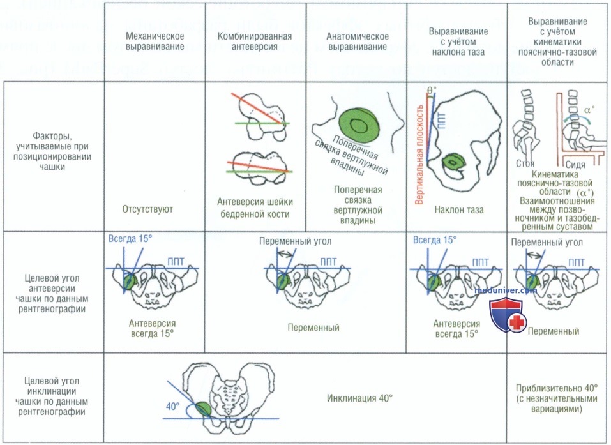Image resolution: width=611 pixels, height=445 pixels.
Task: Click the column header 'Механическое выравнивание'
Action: pos(155,41)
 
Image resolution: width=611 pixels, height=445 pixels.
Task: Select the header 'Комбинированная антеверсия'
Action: pos(255,41)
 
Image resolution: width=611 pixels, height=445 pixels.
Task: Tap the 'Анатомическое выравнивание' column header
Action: pos(358,41)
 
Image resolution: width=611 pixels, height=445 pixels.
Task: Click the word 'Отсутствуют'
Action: pos(147,209)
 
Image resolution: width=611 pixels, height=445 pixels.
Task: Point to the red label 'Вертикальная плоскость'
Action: pos(419,155)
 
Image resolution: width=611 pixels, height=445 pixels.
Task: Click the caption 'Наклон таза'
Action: pos(459,210)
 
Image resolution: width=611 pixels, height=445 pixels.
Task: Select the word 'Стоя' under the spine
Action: pos(525,163)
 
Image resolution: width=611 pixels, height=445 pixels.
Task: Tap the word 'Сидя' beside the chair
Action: pos(575,165)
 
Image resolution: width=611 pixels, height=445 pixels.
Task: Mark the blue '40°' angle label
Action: pos(172,406)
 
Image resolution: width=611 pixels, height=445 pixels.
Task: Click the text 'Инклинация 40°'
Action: pos(359,398)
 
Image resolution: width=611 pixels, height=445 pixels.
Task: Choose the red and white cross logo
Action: pos(517,322)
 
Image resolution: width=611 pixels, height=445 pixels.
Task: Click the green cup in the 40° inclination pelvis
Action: pos(202,409)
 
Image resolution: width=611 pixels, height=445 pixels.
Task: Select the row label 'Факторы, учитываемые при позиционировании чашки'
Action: pos(52,151)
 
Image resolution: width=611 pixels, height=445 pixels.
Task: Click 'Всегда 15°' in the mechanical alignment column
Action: pos(130,239)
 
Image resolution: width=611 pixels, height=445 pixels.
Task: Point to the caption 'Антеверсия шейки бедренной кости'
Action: pos(255,208)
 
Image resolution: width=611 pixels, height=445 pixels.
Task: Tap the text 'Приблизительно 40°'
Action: pos(557,388)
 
